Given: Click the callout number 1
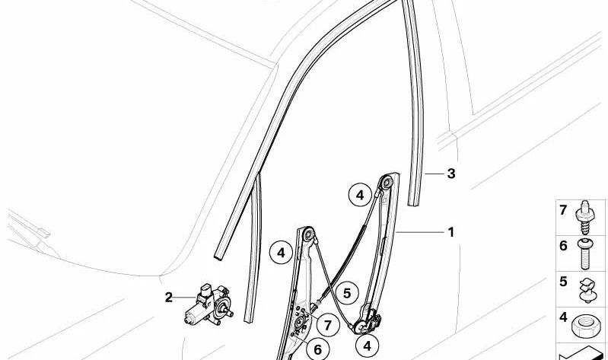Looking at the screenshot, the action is pos(450,232).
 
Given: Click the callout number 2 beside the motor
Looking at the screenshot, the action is pos(168,298).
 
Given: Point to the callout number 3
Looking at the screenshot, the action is pos(451,174).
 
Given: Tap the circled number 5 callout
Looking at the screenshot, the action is pos(347,293).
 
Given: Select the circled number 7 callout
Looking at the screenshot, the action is pos(328,325).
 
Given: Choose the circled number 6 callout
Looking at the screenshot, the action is pos(317,349).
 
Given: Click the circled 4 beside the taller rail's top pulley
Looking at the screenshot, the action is pos(360,195).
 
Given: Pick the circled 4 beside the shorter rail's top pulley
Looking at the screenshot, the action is pos(281,253).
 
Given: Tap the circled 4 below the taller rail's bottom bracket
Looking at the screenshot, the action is pos(368,346).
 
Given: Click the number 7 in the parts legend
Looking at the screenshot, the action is pos(563,210).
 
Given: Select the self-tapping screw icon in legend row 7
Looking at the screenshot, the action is pos(585,217).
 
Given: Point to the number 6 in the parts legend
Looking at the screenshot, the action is pos(563,246).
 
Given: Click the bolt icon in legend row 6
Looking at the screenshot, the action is pos(585,254).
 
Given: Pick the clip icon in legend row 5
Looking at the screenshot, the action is pos(587,290).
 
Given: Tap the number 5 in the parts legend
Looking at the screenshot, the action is pos(563,282).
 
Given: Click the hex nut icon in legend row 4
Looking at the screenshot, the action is pos(586,326).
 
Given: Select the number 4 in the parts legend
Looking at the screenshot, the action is pos(563,317).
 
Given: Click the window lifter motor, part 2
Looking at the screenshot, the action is pos(209,305).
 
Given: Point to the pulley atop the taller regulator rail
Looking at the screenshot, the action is pos(387,183).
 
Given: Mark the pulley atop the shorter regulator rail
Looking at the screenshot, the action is pos(309,234).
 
